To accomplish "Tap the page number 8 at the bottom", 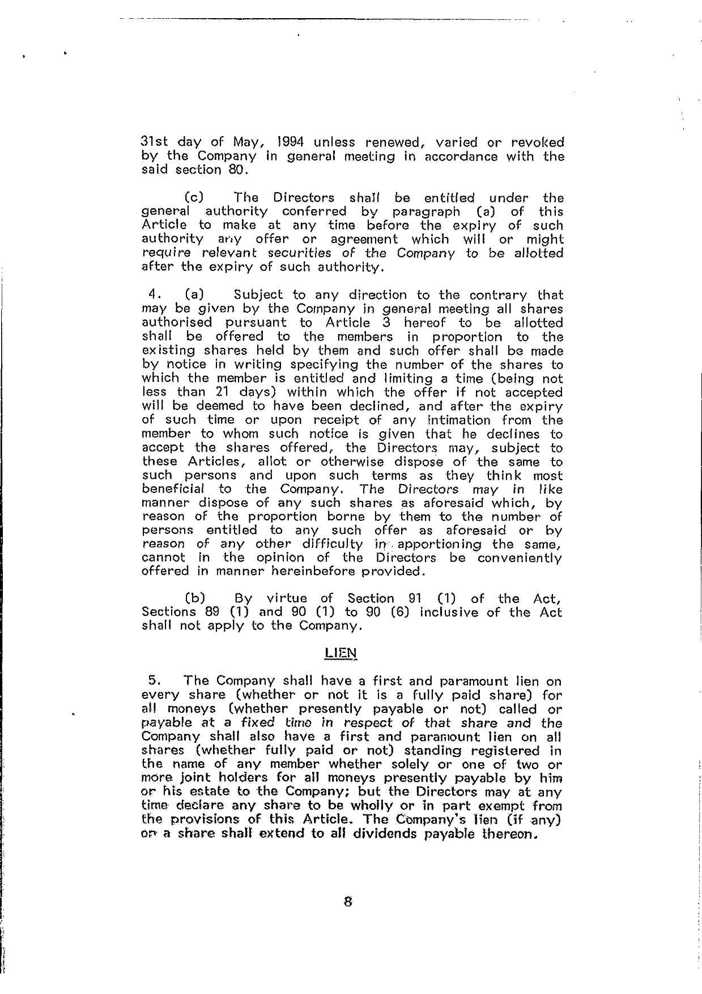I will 348,902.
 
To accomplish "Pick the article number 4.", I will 152,295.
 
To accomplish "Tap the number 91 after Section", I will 416,598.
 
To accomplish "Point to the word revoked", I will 536,142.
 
